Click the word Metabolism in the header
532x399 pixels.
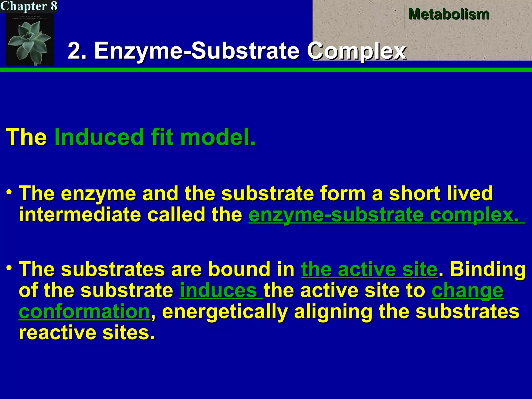(x=449, y=14)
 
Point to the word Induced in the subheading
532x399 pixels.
(x=99, y=137)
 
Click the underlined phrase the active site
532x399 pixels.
(x=369, y=269)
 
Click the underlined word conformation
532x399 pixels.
(x=84, y=312)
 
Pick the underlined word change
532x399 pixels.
(x=468, y=291)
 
